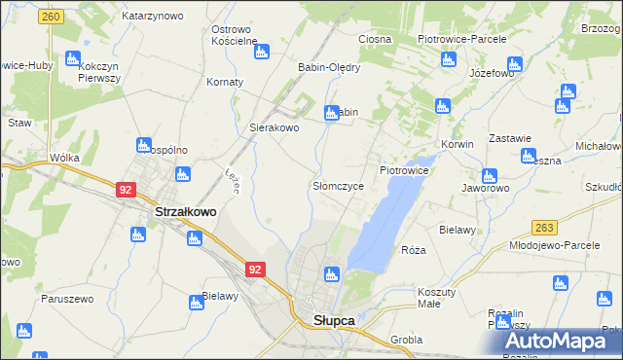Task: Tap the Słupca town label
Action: [x=333, y=320]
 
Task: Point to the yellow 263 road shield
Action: [x=544, y=227]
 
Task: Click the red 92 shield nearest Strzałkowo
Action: [x=126, y=190]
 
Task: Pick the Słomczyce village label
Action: [x=338, y=185]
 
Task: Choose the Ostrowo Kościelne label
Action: [x=234, y=35]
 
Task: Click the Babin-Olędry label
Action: [x=329, y=68]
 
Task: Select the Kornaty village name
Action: [x=225, y=82]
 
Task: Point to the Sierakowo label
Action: [x=274, y=127]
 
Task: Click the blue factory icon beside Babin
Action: [x=331, y=113]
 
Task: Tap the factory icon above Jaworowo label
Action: [x=489, y=176]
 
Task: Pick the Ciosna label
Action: [x=375, y=40]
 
